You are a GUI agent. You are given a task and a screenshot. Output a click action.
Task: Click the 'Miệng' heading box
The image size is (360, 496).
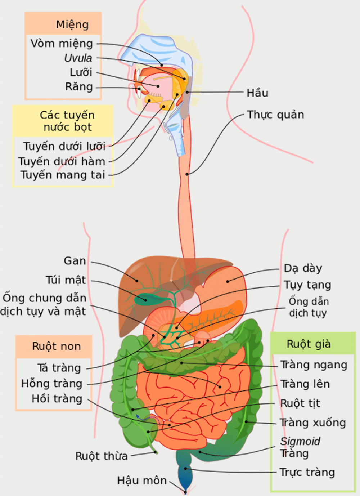point(72,24)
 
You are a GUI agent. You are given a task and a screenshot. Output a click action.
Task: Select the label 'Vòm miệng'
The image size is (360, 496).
point(62,44)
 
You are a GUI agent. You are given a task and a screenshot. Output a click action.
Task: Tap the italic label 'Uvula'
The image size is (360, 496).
point(78,58)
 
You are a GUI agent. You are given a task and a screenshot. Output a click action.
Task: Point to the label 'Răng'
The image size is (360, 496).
point(79,87)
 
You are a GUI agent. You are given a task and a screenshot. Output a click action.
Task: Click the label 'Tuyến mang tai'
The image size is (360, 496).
point(63,175)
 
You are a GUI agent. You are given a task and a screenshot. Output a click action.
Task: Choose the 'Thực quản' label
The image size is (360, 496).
point(275,115)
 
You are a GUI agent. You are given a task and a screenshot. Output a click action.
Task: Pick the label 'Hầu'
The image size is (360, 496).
point(257,93)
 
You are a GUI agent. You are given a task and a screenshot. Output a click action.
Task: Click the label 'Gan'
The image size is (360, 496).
point(75,261)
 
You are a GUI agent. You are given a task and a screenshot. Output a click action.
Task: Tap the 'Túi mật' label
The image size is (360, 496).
point(66,280)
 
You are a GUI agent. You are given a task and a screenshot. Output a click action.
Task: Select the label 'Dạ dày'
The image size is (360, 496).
point(303,268)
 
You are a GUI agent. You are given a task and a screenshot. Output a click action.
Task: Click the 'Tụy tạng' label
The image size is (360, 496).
point(307,285)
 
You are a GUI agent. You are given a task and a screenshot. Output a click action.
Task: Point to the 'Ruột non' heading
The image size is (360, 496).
point(56,347)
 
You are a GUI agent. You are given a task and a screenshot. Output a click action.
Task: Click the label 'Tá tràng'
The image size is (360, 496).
point(59,368)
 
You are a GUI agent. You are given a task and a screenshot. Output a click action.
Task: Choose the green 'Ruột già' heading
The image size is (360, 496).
point(309,344)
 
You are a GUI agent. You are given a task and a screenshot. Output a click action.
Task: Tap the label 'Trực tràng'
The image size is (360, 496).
point(307,472)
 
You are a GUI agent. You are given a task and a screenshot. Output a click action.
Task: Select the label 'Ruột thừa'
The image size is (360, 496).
point(102,456)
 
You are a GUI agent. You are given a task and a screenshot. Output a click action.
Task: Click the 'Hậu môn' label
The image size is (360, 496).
point(142,481)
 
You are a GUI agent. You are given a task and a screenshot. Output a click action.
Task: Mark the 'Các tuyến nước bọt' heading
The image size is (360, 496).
point(67,121)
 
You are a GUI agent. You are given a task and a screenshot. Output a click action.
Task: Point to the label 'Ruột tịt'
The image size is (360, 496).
point(300,403)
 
